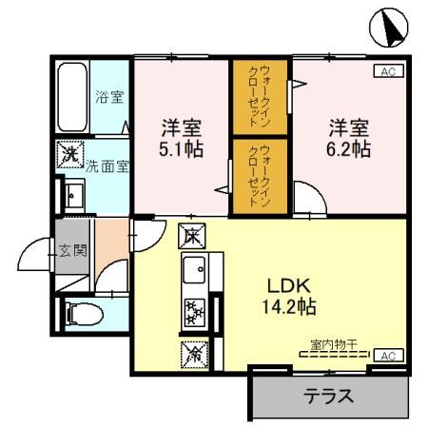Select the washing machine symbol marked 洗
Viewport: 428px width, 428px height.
[70, 153]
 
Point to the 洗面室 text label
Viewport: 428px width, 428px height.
[109, 165]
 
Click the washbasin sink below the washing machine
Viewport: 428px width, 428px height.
[73, 194]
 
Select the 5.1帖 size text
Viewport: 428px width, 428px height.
[181, 149]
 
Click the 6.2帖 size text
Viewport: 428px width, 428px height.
[349, 149]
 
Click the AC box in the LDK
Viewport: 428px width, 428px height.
[389, 355]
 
